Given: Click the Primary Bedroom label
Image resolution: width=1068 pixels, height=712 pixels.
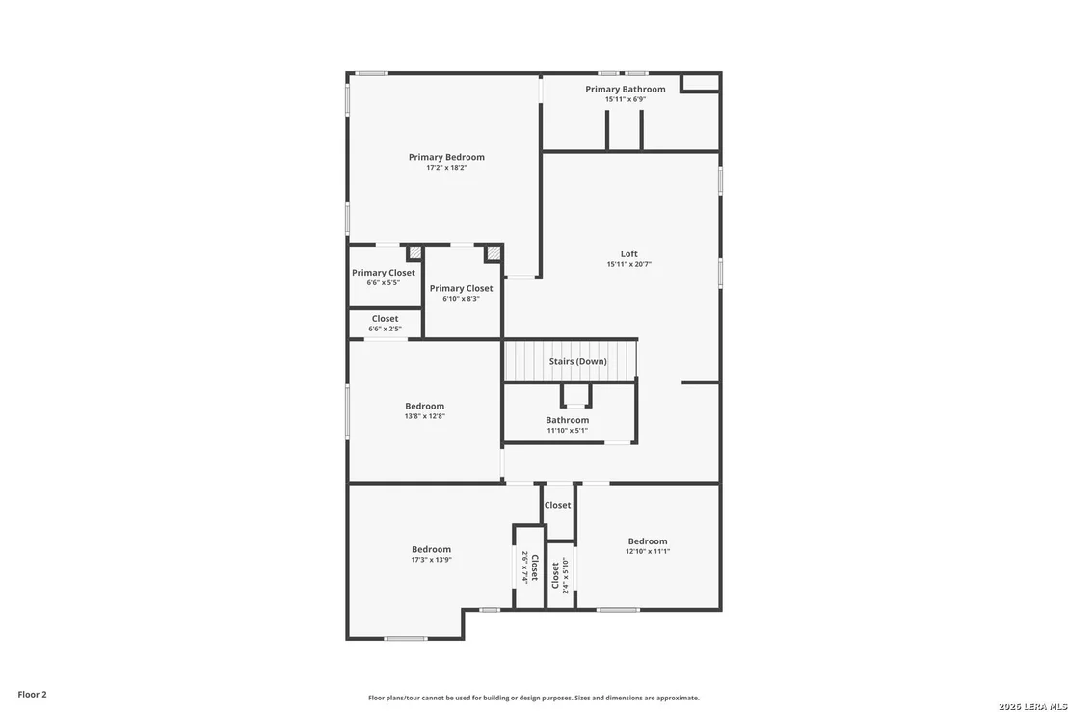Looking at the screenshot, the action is coord(447,157).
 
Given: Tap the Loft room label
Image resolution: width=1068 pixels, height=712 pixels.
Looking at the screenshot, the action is coord(629,254).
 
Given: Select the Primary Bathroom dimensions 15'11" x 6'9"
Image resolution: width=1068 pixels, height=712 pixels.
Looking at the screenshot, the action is coord(626,99).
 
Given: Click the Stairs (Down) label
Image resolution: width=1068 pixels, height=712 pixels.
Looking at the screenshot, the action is coord(578,361).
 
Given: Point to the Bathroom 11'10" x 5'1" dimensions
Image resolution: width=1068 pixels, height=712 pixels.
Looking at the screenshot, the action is coord(568,431).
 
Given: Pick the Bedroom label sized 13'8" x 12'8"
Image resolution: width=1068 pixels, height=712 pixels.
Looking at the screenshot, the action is coord(424,406).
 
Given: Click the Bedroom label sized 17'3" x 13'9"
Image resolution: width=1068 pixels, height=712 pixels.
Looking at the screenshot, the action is coord(431,549).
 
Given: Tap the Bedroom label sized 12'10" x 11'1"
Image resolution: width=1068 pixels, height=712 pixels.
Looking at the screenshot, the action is coord(648,541).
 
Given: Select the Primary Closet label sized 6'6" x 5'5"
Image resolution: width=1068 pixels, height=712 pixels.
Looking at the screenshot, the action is coord(384,273).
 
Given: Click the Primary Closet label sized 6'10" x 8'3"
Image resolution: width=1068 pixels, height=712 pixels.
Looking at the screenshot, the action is coord(461,288).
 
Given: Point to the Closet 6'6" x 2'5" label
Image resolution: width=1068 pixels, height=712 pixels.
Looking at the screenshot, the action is coord(385,319).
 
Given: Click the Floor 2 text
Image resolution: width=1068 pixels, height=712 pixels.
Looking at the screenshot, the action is coord(32,695).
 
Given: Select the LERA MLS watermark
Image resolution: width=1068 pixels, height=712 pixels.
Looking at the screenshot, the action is coord(1033,706).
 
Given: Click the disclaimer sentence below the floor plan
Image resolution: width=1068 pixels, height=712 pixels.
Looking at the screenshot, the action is coord(534,698).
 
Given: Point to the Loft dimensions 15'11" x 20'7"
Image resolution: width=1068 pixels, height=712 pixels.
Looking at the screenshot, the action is coord(629,264).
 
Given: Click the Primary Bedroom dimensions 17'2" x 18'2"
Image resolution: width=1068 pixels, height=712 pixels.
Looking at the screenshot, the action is coord(447,168).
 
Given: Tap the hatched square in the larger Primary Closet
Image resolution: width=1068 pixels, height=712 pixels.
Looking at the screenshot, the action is coord(494,253).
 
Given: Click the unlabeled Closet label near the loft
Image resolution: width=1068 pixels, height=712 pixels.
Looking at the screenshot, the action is coord(557,505).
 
